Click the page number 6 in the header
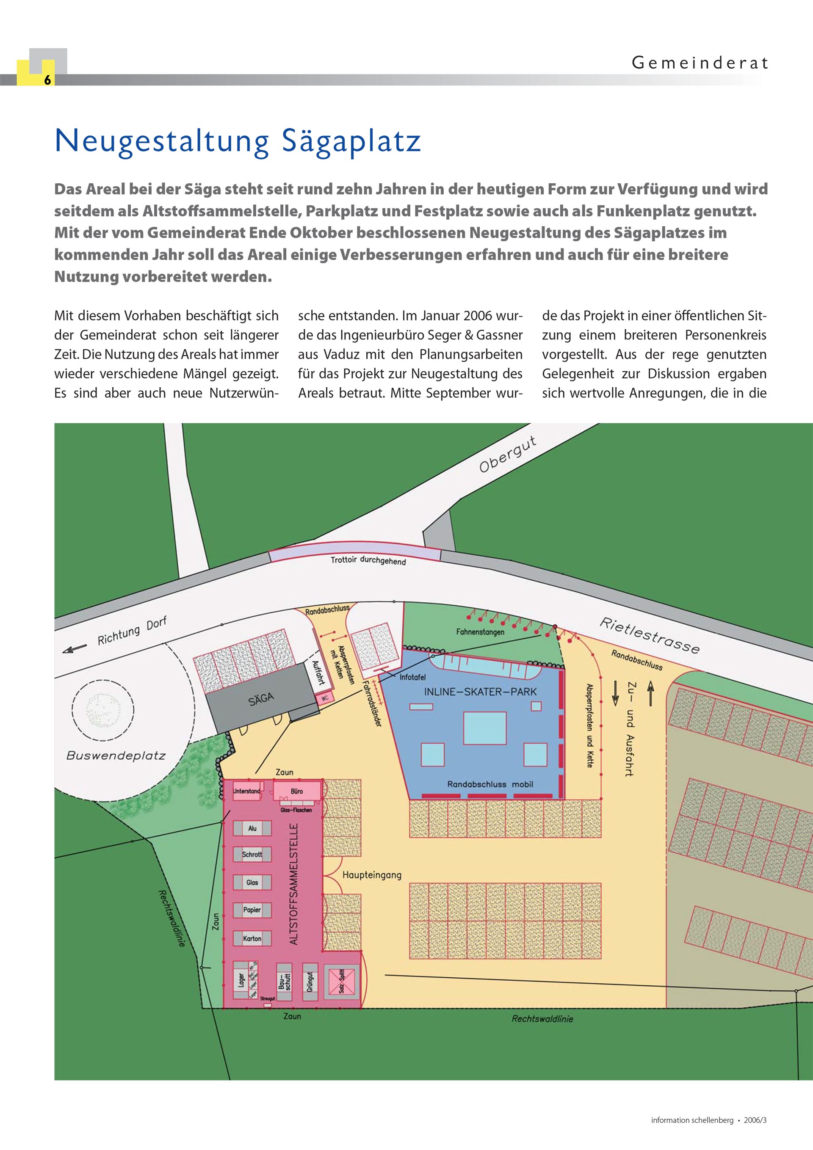(47, 80)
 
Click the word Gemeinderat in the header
(699, 63)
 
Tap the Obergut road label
(508, 454)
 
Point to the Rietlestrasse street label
(649, 636)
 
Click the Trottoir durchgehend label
(368, 560)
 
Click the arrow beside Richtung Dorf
(74, 649)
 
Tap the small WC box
(324, 696)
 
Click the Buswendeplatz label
(116, 756)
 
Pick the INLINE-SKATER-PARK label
(480, 692)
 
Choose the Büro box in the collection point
(297, 792)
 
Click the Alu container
(252, 828)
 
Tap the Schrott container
(252, 855)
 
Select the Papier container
(252, 910)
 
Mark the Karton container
(252, 938)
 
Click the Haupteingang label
(372, 875)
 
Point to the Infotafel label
(412, 678)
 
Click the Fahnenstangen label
(480, 632)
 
